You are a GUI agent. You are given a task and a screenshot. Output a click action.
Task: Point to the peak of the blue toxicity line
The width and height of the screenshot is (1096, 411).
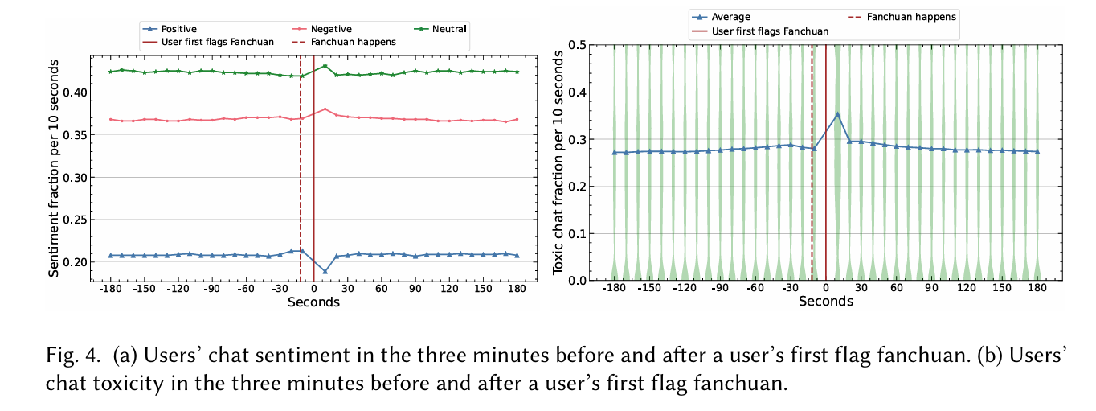click(837, 114)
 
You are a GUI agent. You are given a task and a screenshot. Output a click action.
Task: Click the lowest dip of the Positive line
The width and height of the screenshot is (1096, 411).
click(325, 271)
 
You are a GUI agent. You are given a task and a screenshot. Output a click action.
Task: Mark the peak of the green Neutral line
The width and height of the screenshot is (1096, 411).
click(325, 66)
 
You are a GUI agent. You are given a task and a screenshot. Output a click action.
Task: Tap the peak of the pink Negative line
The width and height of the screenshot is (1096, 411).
click(325, 109)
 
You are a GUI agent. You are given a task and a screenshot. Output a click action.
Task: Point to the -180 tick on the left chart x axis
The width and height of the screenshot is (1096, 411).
click(111, 289)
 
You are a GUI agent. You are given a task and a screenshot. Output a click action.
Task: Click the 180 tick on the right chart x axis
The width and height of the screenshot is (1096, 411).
click(1037, 287)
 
